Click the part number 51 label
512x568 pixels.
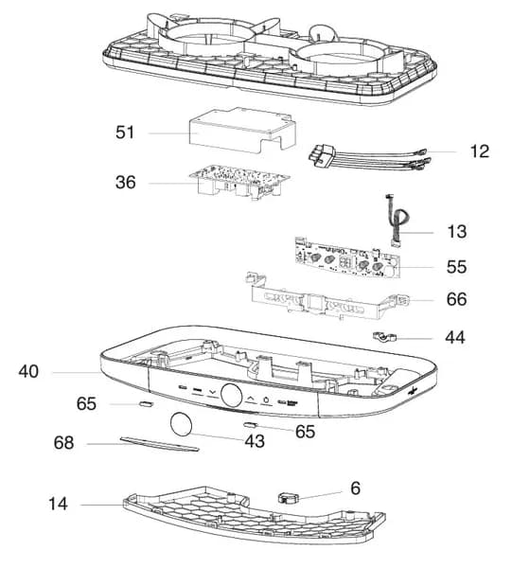pyautogui.click(x=125, y=133)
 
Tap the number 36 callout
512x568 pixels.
pyautogui.click(x=125, y=182)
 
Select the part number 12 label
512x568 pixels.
pyautogui.click(x=480, y=151)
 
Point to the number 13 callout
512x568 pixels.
pyautogui.click(x=457, y=232)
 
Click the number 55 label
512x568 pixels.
pyautogui.click(x=456, y=267)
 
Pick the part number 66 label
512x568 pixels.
pyautogui.click(x=456, y=299)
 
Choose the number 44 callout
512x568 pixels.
pyautogui.click(x=455, y=337)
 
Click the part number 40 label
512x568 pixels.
pyautogui.click(x=28, y=372)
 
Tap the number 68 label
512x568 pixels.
pyautogui.click(x=63, y=443)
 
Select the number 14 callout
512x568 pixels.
pyautogui.click(x=58, y=504)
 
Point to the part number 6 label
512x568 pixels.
pyautogui.click(x=356, y=488)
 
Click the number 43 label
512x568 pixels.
pyautogui.click(x=255, y=441)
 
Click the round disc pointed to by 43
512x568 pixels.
pyautogui.click(x=181, y=424)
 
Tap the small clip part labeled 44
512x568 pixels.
pyautogui.click(x=384, y=337)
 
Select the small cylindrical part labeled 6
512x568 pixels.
pyautogui.click(x=289, y=497)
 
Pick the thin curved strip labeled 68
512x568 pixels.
pyautogui.click(x=159, y=444)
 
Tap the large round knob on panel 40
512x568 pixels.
pyautogui.click(x=231, y=395)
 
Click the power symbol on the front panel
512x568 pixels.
pyautogui.click(x=267, y=400)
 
